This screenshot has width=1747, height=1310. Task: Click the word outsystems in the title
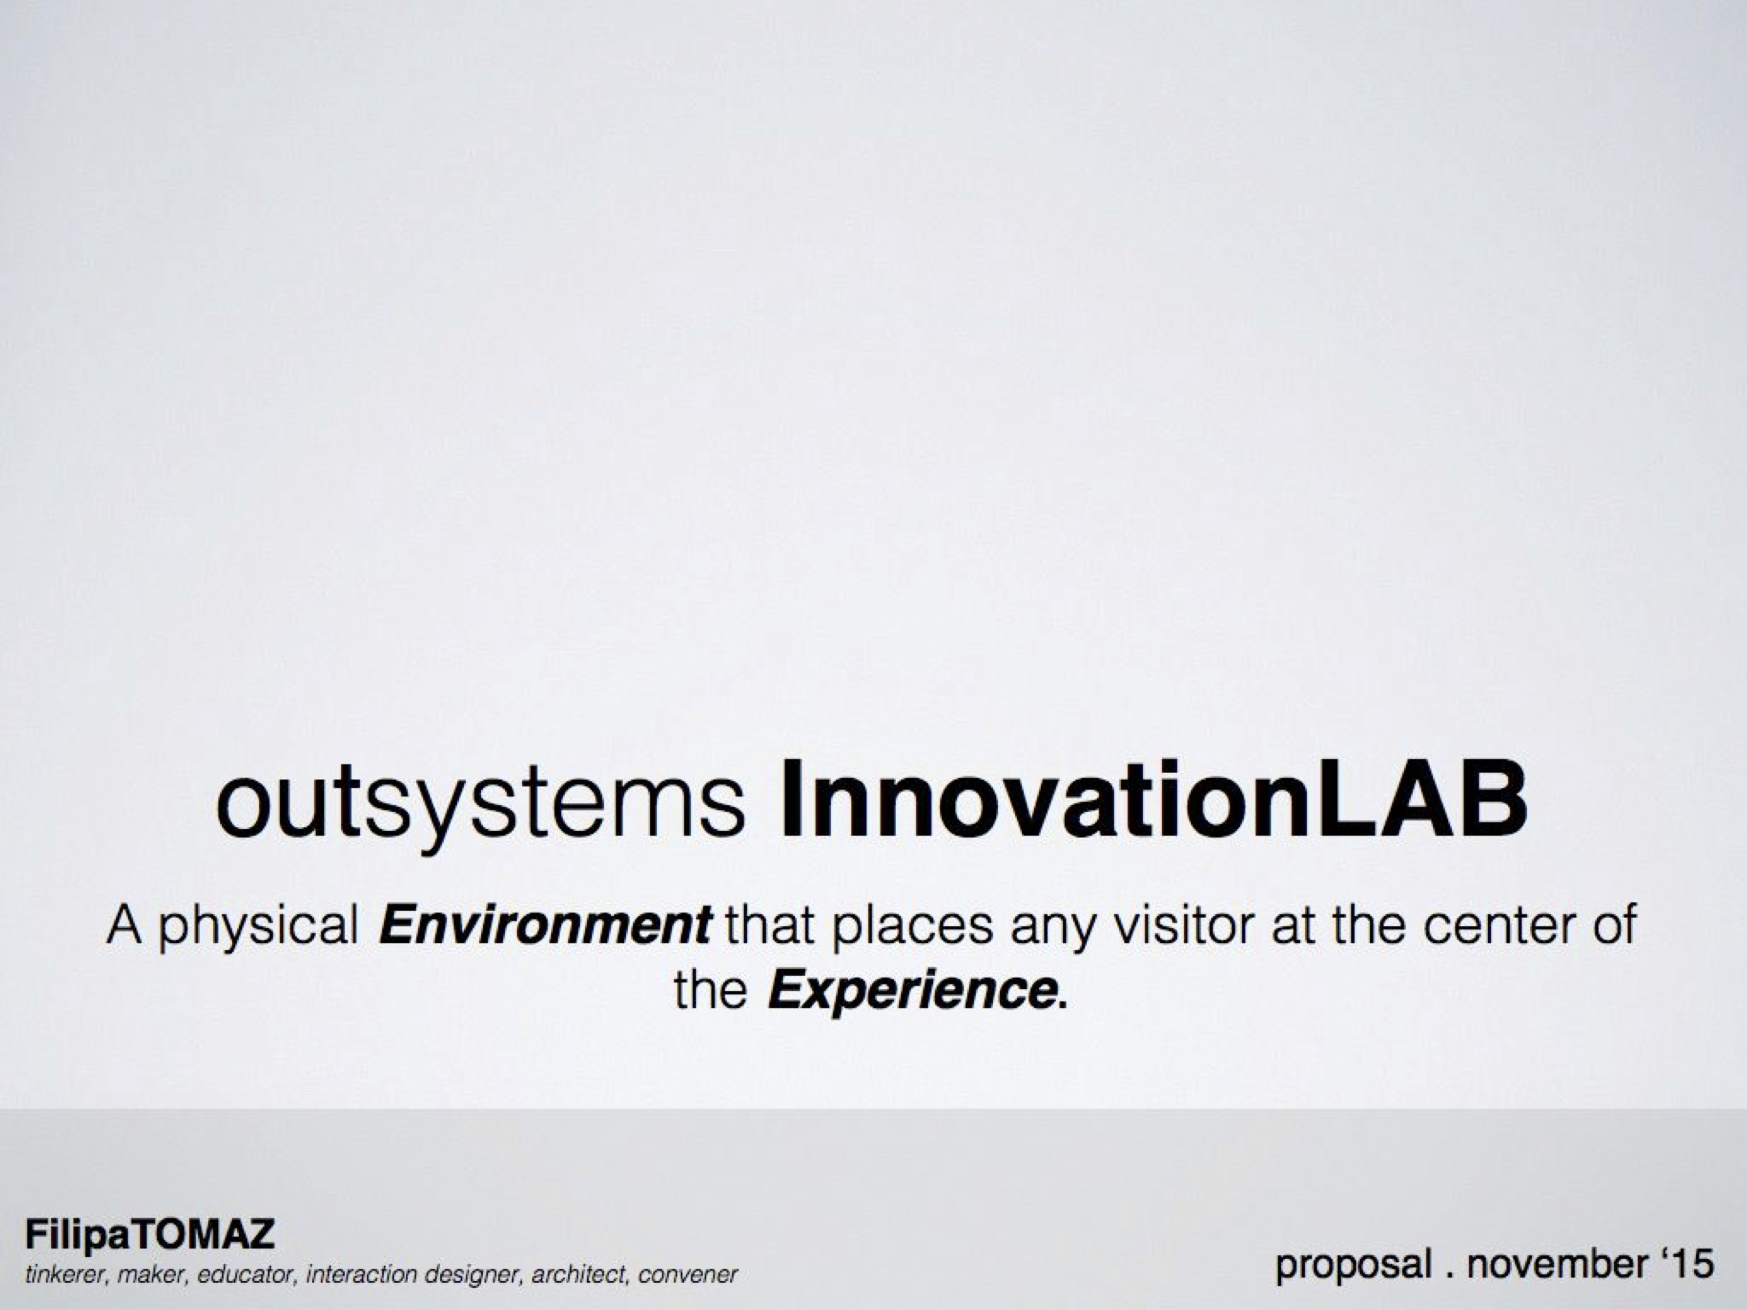coord(480,805)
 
